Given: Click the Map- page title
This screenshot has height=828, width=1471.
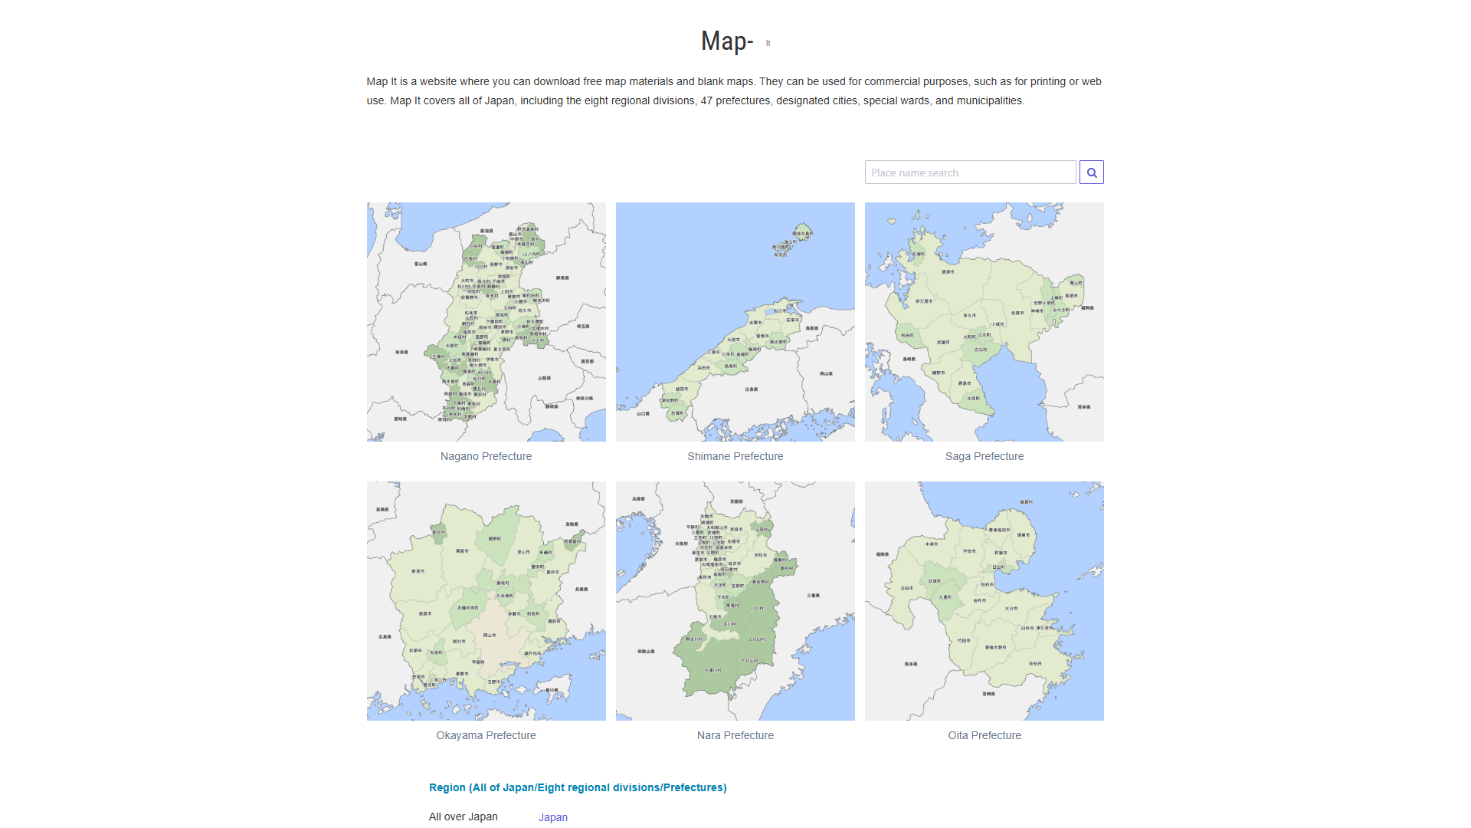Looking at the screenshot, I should click(727, 41).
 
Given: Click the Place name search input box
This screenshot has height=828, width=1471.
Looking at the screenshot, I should click(970, 172).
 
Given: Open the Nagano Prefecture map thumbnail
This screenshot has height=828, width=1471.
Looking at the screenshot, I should click(486, 322).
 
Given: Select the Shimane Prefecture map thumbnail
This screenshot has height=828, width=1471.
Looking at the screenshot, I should click(735, 322).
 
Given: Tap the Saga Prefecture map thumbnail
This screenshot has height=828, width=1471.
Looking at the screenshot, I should click(984, 322).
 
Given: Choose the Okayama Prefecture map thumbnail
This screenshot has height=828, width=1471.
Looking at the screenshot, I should click(486, 601).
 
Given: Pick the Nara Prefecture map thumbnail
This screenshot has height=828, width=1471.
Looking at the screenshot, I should click(735, 601).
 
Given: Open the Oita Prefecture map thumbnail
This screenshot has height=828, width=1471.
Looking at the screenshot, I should click(984, 601).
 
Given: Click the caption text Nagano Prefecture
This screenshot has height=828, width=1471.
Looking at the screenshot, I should click(486, 456).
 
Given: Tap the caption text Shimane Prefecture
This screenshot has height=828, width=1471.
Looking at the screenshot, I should click(735, 456).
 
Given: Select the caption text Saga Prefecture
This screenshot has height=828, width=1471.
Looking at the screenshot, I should click(984, 456).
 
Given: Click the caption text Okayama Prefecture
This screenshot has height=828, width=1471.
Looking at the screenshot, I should click(486, 735).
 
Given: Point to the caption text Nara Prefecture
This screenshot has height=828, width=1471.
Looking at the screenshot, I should click(735, 735).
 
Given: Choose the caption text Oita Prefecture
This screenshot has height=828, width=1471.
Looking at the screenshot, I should click(984, 735).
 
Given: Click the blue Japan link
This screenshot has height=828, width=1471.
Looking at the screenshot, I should click(552, 817).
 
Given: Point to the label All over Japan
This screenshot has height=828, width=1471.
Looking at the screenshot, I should click(463, 816).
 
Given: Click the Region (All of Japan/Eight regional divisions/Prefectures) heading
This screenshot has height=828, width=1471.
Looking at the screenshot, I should click(578, 787).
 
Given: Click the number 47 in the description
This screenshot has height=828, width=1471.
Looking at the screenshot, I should click(706, 100).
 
